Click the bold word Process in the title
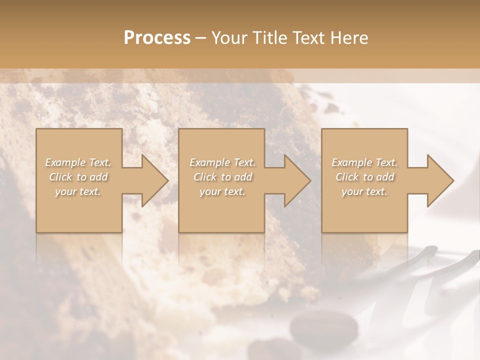click(157, 37)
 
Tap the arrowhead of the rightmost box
click(440, 180)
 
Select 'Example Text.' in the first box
click(78, 162)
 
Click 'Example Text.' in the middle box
click(222, 162)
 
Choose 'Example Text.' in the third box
click(364, 162)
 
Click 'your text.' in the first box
click(78, 191)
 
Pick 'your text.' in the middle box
click(222, 191)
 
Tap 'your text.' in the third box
click(364, 191)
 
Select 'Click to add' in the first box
click(78, 177)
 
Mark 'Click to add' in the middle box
click(222, 177)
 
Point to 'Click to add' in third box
click(364, 177)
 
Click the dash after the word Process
click(200, 38)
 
